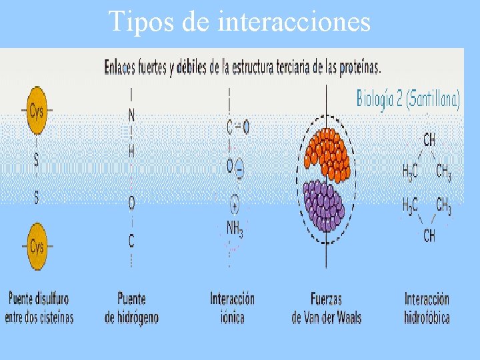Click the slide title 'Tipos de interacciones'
(x=239, y=21)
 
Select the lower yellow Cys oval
(x=37, y=247)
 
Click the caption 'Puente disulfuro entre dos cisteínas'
(x=39, y=307)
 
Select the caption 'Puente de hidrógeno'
(x=131, y=307)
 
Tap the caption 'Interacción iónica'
(x=232, y=307)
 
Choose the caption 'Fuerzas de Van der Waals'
(x=326, y=307)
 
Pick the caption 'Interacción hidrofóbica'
(x=427, y=307)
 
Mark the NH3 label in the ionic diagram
(x=235, y=228)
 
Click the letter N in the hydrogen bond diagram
(x=131, y=115)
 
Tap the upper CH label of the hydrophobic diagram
(x=429, y=140)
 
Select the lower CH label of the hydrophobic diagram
(x=429, y=235)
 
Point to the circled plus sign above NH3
(x=235, y=203)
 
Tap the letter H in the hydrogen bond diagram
(x=131, y=152)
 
